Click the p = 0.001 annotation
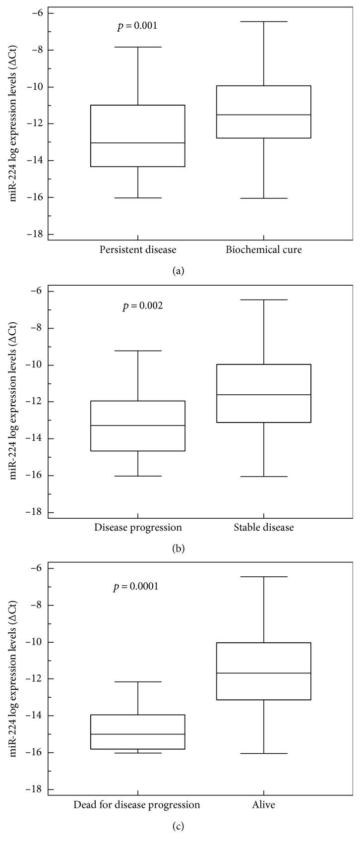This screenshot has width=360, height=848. tap(137, 26)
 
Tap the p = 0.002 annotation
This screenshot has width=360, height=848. tap(143, 306)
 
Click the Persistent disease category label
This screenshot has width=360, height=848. tap(138, 249)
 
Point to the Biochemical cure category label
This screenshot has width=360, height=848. tap(264, 249)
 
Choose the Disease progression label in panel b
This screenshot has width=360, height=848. tap(138, 527)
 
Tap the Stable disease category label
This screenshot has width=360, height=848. tap(264, 527)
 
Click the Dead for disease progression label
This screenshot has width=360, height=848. tap(137, 805)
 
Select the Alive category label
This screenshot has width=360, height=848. tap(264, 805)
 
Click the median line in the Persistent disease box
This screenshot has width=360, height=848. tap(138, 143)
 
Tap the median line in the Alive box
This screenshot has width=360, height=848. tap(264, 673)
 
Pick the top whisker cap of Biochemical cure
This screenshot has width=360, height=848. tap(264, 22)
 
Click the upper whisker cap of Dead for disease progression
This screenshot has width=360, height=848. tap(138, 682)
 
